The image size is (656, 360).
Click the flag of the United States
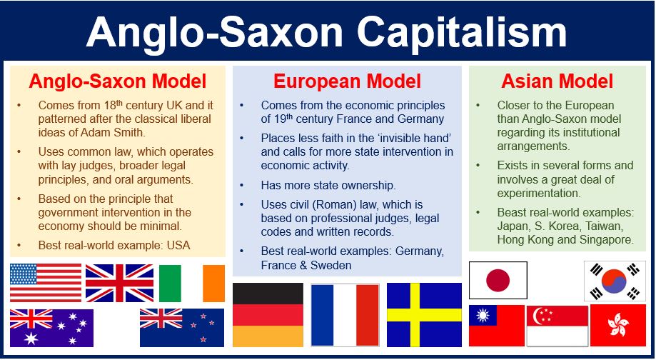click(x=46, y=283)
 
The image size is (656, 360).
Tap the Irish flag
click(x=191, y=284)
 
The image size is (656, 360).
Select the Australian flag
click(x=51, y=328)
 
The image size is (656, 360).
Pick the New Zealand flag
click(x=182, y=328)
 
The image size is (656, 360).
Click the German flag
click(x=268, y=315)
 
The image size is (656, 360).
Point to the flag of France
click(x=345, y=315)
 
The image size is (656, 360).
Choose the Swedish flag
click(x=424, y=315)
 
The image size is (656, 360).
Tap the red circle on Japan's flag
click(x=498, y=281)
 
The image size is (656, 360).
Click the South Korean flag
click(x=615, y=281)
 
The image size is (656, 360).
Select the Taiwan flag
click(x=497, y=326)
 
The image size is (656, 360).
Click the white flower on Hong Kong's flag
click(x=618, y=326)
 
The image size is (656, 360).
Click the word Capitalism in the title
click(x=462, y=32)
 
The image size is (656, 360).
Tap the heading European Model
click(x=347, y=81)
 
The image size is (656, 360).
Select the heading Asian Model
click(x=557, y=81)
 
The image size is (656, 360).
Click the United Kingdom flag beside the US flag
click(x=120, y=283)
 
